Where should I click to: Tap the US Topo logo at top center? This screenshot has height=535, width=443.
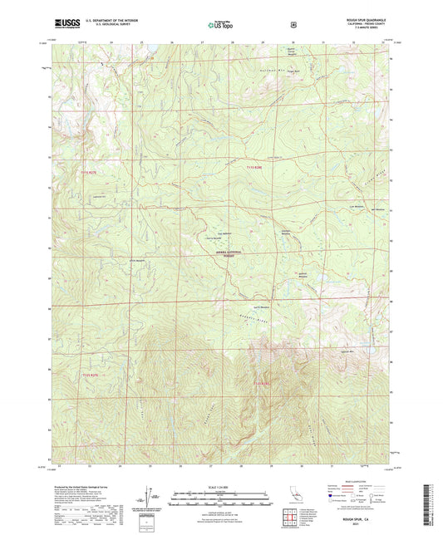(x=221, y=25)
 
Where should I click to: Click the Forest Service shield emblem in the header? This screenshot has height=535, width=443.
(x=293, y=25)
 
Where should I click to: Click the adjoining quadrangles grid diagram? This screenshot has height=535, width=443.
(x=293, y=516)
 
